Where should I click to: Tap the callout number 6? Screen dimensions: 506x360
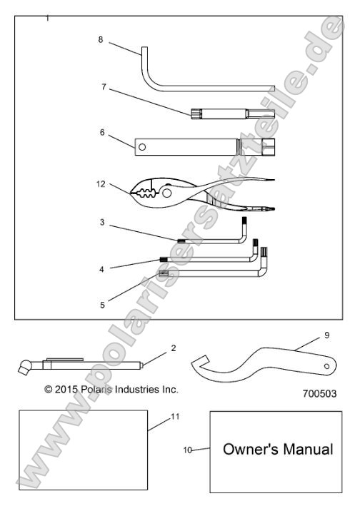click(x=102, y=133)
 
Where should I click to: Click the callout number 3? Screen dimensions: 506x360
click(x=103, y=223)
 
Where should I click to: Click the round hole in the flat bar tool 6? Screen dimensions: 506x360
click(x=143, y=148)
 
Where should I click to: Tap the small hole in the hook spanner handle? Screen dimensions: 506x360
click(x=326, y=366)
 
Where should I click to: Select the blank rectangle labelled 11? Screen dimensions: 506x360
click(x=83, y=450)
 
